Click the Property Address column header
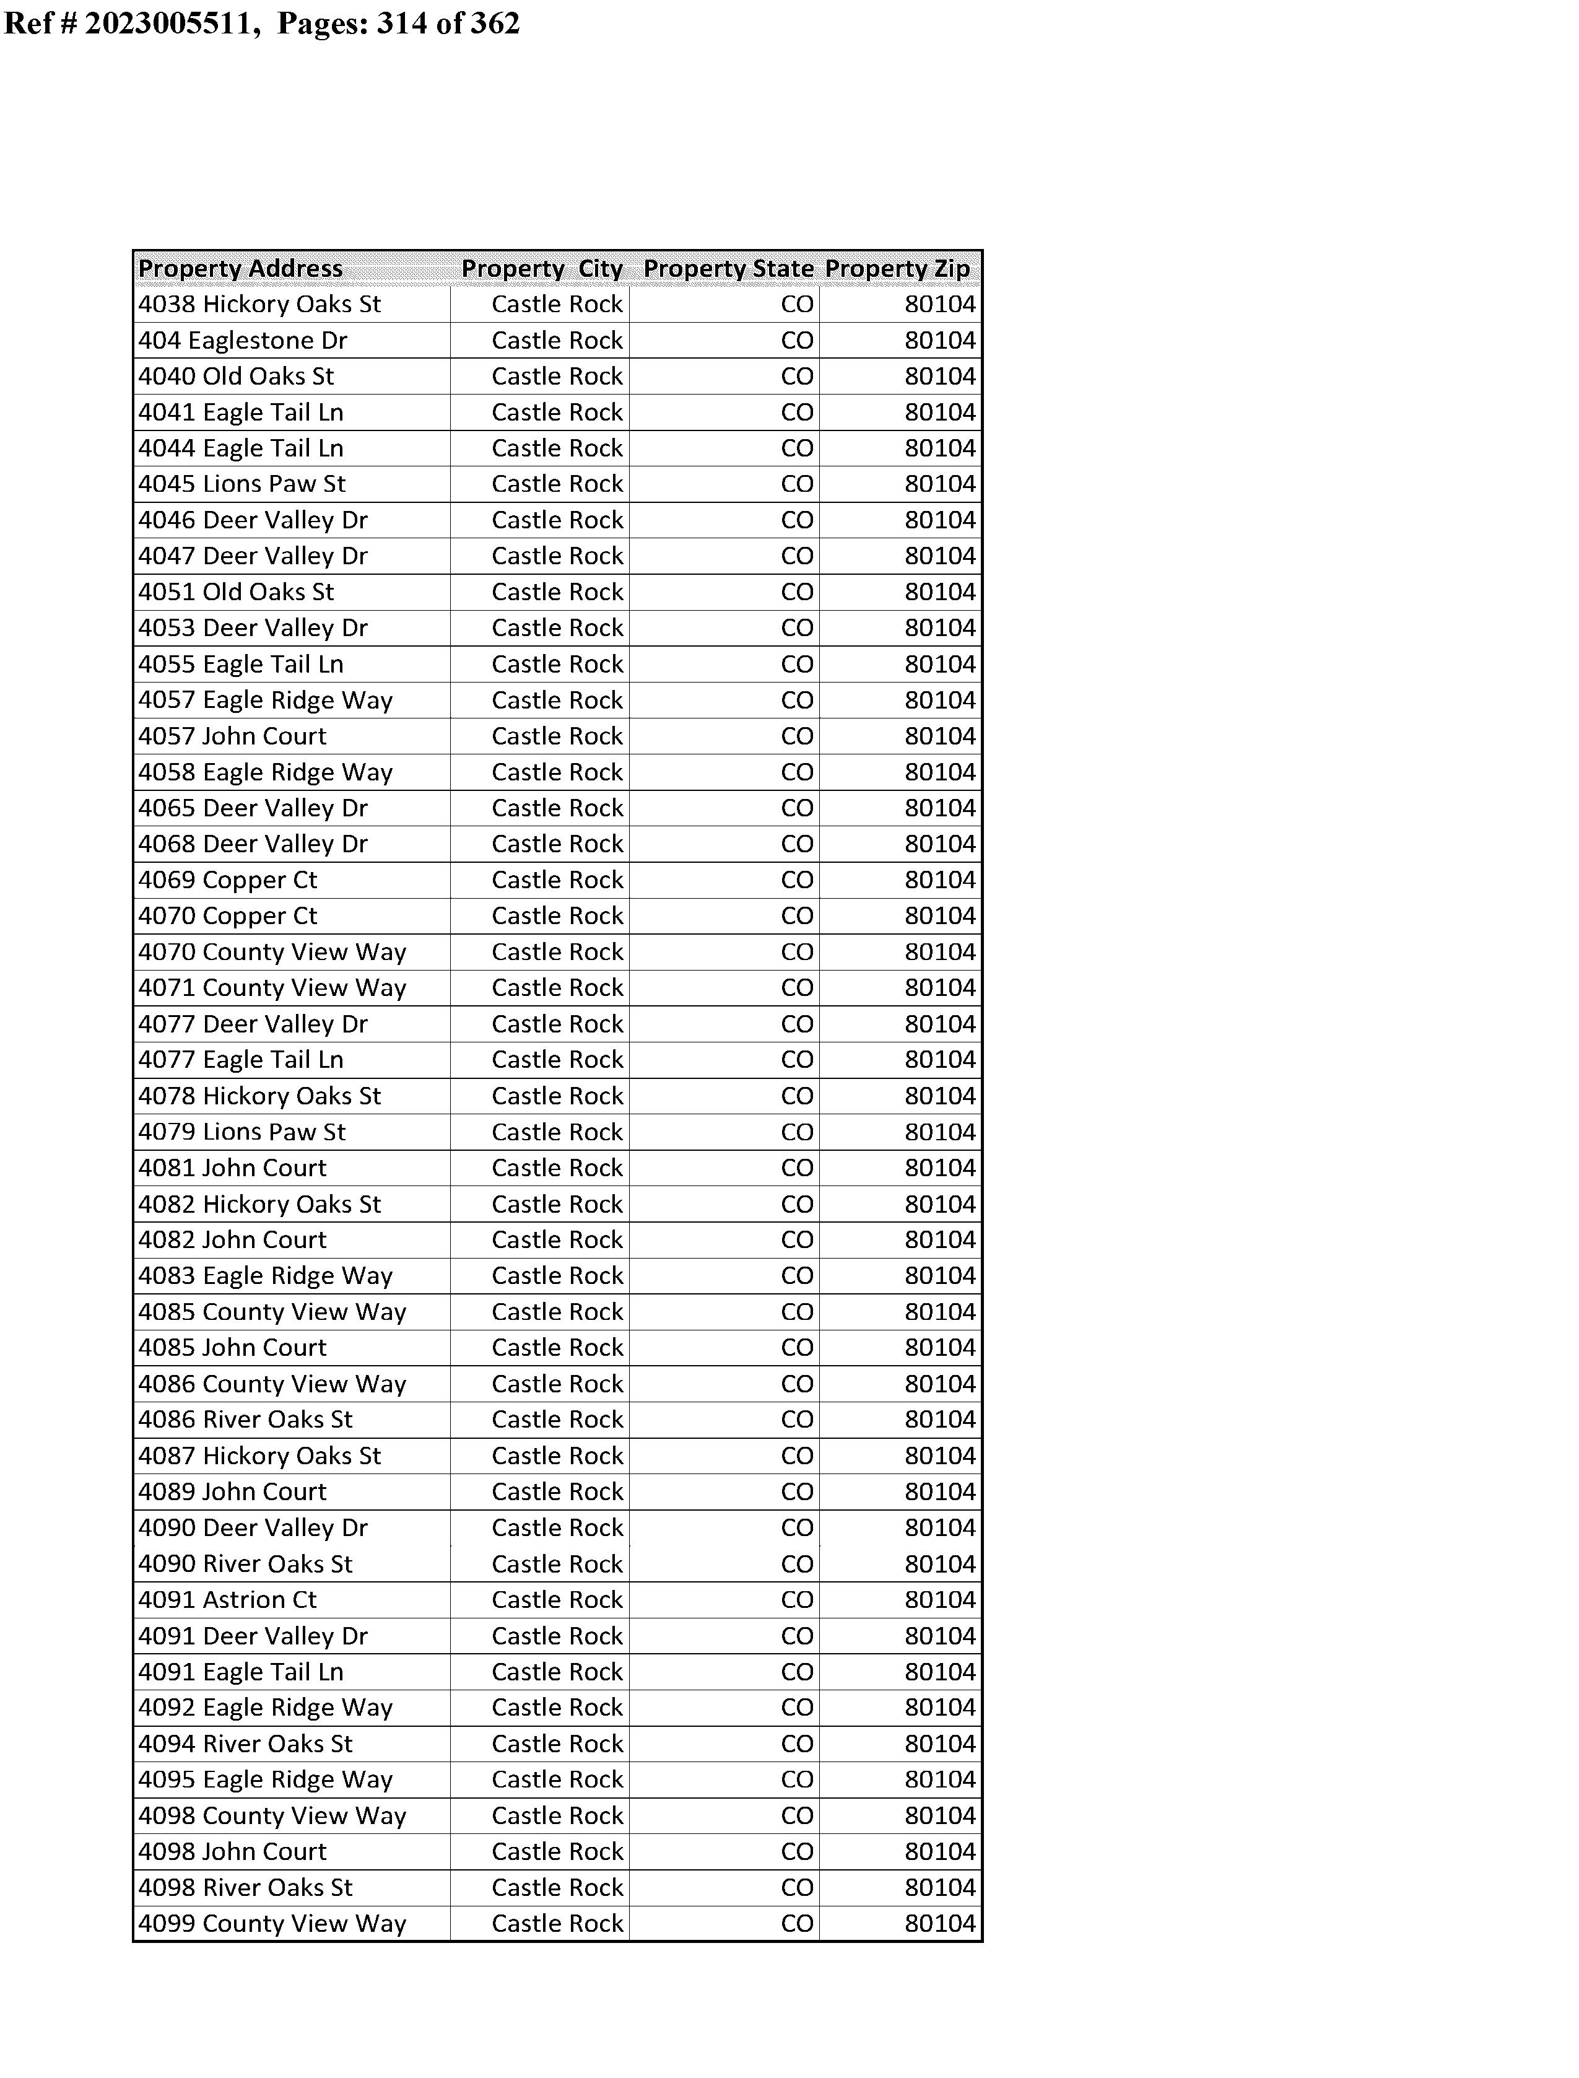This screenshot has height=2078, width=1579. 241,269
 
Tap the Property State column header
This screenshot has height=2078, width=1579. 728,269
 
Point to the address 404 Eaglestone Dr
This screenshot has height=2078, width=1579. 243,340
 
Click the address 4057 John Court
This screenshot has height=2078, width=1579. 232,736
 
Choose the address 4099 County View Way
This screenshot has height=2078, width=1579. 272,1924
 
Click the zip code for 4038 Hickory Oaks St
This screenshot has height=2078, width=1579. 940,305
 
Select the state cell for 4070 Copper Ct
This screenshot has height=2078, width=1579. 797,915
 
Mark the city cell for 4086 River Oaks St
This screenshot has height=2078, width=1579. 557,1419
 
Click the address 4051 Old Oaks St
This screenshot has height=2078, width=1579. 236,592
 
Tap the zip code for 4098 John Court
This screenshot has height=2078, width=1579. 940,1851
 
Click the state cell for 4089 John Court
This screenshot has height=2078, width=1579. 797,1491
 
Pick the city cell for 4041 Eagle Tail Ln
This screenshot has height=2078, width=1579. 557,413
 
